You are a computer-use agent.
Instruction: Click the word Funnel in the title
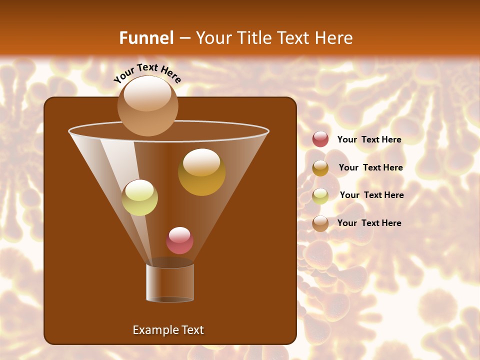click(x=146, y=38)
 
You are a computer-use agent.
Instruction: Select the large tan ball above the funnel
click(x=147, y=105)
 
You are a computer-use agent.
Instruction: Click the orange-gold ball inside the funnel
click(x=201, y=172)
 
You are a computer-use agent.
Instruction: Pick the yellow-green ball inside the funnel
click(x=140, y=197)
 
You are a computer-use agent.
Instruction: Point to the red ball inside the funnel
click(x=179, y=240)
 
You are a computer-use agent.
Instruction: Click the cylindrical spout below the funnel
click(x=170, y=282)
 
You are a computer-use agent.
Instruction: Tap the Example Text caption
click(x=168, y=330)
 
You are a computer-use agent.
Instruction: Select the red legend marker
click(x=320, y=139)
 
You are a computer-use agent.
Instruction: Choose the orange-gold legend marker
click(x=320, y=168)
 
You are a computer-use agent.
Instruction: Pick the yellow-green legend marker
click(x=320, y=196)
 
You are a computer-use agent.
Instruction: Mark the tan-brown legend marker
click(x=320, y=223)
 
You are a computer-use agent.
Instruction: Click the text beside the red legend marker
click(x=369, y=139)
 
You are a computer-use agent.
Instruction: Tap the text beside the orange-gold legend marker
click(x=370, y=167)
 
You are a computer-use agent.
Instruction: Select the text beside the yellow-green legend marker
click(x=371, y=195)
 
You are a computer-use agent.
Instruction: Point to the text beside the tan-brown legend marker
click(x=369, y=223)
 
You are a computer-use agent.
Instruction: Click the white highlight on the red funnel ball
click(x=179, y=234)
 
